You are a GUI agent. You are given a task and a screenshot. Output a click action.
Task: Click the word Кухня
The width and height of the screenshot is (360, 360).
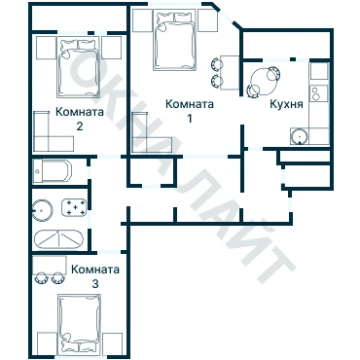(286, 104)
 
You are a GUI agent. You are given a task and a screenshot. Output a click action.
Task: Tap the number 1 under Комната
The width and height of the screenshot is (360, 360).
(190, 119)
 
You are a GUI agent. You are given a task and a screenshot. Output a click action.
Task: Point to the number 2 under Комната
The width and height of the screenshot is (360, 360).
(80, 126)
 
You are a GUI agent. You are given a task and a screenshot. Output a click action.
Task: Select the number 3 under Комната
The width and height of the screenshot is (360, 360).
(95, 284)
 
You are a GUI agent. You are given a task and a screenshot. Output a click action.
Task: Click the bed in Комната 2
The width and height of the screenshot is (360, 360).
(78, 67)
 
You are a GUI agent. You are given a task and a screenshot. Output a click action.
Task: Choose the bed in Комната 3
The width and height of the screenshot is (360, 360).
(79, 324)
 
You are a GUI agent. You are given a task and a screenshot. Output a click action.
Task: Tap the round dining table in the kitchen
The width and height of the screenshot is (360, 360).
(264, 81)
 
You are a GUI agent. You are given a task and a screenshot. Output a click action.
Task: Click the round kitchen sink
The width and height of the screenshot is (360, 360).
(299, 136)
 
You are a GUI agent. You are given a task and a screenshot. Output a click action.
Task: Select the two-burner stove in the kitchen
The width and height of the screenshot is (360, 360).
(319, 93)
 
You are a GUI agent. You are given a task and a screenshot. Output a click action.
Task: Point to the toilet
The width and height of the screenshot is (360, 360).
(53, 171)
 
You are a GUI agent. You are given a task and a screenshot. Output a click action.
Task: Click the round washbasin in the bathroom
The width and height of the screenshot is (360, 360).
(43, 210)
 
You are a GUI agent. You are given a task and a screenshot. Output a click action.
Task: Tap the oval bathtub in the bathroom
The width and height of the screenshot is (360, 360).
(58, 239)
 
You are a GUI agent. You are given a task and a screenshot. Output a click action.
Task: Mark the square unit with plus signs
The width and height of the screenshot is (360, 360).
(74, 207)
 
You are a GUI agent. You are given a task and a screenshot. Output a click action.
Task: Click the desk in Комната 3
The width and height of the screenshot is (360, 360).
(50, 265)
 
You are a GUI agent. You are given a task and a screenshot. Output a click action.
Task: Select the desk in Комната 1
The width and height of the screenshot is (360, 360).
(230, 72)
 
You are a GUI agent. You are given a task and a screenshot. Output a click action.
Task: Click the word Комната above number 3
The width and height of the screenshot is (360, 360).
(95, 270)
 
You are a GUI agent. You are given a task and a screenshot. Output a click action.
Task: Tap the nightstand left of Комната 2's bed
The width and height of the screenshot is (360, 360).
(47, 48)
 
